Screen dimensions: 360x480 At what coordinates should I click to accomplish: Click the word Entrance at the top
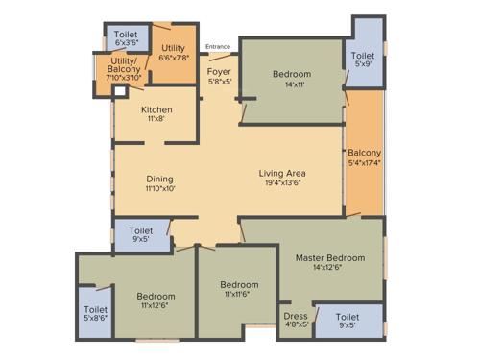218,46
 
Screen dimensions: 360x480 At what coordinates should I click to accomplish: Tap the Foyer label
219,71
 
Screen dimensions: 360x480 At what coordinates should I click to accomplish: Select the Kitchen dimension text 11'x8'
156,119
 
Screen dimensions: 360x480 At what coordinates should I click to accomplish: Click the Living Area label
282,174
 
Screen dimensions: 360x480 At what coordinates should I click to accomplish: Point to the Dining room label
160,179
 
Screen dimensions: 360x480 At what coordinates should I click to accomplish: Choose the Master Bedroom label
330,258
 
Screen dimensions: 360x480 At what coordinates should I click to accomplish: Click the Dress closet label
295,315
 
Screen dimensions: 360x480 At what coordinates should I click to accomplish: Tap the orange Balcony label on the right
365,154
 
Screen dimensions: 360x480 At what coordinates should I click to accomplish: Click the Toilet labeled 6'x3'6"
126,35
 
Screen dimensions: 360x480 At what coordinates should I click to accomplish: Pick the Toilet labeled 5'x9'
362,57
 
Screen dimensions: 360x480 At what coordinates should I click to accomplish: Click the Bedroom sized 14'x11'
291,75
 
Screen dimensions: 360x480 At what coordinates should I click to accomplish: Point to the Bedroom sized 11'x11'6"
238,285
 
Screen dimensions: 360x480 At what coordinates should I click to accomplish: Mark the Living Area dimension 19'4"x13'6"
282,183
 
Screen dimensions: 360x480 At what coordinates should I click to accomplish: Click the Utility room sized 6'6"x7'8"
174,48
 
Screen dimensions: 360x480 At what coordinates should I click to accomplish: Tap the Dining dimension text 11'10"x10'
160,189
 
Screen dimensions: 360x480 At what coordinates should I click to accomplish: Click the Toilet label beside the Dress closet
348,315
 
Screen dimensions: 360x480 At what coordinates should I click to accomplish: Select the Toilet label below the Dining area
141,231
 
